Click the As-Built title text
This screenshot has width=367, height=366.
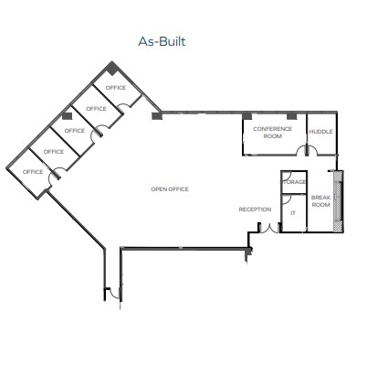[x=162, y=41]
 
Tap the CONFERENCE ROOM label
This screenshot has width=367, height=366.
[x=272, y=133]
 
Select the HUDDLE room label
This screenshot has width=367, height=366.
[x=320, y=132]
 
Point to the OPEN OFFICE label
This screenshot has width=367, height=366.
[x=170, y=189]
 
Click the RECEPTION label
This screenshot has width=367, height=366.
[x=255, y=210]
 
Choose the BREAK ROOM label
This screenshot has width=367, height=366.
[x=320, y=201]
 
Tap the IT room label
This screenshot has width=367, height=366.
[x=293, y=213]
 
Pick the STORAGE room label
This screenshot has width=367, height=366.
[x=294, y=182]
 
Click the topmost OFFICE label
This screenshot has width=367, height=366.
[x=116, y=88]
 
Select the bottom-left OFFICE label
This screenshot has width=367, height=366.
[x=33, y=172]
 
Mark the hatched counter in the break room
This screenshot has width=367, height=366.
[x=338, y=201]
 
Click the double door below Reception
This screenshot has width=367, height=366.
[x=269, y=229]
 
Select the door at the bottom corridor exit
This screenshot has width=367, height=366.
[x=114, y=294]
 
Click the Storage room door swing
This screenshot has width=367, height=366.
[x=288, y=177]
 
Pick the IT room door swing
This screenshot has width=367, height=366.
[x=288, y=199]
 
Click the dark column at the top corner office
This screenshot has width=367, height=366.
[x=112, y=69]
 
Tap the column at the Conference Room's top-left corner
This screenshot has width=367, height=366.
[x=247, y=116]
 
